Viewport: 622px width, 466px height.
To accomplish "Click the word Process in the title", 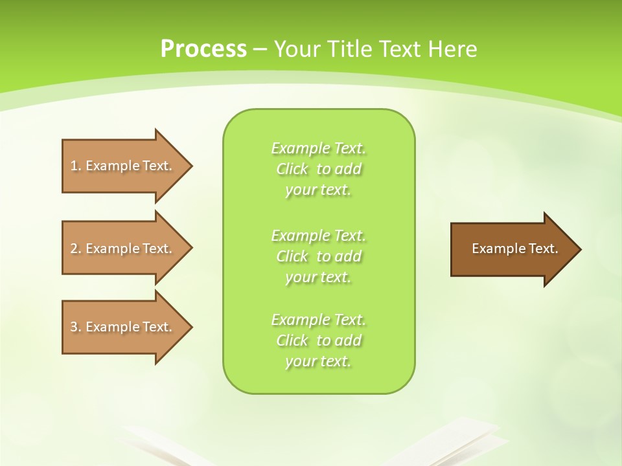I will [203, 49].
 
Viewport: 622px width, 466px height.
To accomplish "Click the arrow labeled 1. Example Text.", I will [123, 166].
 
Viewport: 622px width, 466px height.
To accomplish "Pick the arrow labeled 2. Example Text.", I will [123, 249].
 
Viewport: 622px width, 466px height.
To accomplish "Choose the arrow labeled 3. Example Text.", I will [123, 327].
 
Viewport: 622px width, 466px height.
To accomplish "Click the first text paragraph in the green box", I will [319, 169].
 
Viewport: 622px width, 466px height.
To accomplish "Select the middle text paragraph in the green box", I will [319, 256].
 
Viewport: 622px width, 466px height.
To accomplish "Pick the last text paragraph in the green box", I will [319, 340].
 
